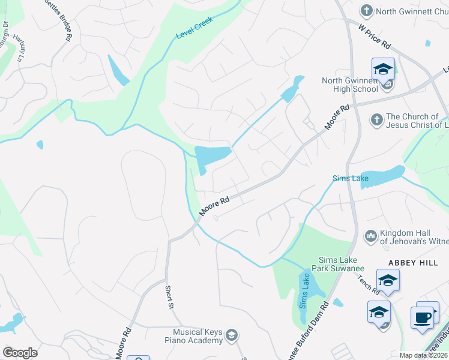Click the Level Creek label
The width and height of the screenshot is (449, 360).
click(x=195, y=28)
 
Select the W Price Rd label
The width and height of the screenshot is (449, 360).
click(x=375, y=37)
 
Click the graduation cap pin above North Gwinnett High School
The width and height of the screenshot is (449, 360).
click(x=383, y=69)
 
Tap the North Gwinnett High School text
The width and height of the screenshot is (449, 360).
click(x=349, y=85)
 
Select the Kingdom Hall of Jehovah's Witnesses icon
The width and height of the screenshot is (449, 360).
click(x=370, y=235)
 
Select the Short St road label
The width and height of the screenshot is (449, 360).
click(x=170, y=297)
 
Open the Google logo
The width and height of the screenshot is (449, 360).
click(x=20, y=352)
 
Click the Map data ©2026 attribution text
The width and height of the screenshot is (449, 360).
click(x=423, y=355)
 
